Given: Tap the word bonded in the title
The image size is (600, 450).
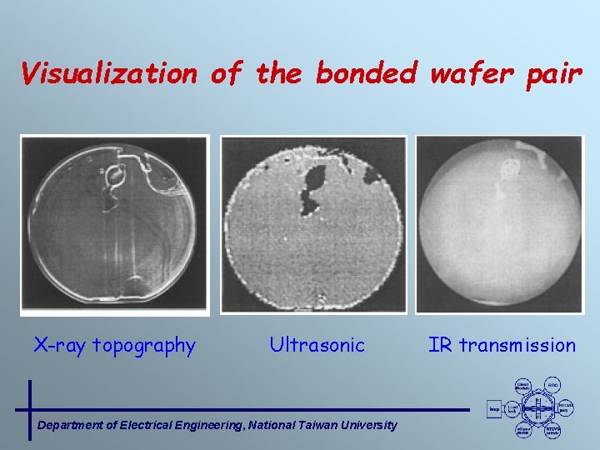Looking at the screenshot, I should pyautogui.click(x=366, y=73).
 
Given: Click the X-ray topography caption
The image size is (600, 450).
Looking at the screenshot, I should pyautogui.click(x=114, y=345).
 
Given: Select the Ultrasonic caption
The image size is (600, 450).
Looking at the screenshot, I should pyautogui.click(x=317, y=345).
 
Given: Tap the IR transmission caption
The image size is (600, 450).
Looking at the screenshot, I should pyautogui.click(x=502, y=345).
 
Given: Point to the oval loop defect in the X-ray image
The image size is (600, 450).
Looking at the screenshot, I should pyautogui.click(x=114, y=176).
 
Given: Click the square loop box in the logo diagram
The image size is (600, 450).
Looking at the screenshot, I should pyautogui.click(x=494, y=408).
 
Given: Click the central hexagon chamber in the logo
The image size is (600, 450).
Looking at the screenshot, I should pyautogui.click(x=539, y=408).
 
